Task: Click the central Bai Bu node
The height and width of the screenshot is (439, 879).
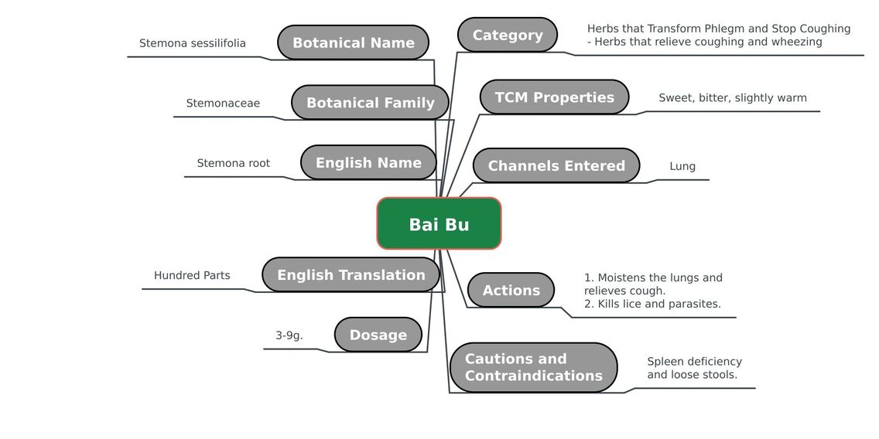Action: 439,223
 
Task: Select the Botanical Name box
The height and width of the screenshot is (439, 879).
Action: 353,43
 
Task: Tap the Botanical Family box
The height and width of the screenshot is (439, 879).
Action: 370,103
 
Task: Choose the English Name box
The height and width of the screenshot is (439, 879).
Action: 368,162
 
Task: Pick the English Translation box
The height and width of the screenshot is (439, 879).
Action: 351,274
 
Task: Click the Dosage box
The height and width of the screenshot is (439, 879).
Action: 378,335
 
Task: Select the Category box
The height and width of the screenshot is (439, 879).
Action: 508,35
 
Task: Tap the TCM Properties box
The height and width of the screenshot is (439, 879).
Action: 555,97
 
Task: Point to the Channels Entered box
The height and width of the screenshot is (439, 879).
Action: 556,165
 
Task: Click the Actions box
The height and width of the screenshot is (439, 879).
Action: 511,290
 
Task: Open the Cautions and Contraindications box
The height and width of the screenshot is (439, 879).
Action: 533,367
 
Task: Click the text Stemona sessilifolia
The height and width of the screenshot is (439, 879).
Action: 192,43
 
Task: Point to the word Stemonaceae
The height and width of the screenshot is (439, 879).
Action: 223,103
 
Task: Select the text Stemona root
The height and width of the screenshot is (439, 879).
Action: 233,163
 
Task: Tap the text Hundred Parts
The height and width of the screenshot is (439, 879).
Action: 192,275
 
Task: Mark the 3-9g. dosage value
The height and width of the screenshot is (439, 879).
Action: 289,335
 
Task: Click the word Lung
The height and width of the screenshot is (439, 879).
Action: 682,166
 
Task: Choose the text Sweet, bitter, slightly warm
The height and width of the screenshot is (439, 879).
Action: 733,98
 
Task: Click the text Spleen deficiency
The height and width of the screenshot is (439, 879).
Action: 695,362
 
